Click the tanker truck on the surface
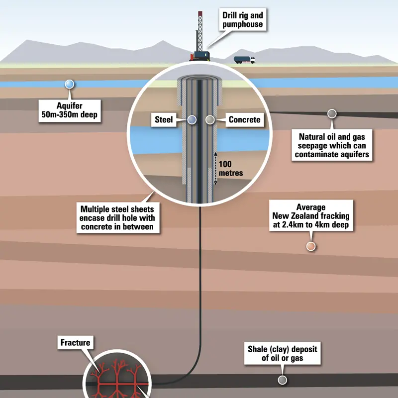[244, 60]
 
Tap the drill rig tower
[200, 31]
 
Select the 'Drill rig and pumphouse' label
[243, 19]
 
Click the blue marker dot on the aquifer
[69, 84]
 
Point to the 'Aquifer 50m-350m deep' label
[70, 110]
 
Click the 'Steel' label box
[164, 119]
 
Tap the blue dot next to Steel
[192, 119]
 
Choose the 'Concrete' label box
[244, 119]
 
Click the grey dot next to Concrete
[210, 119]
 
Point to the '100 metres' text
[230, 169]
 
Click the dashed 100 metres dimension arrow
[215, 168]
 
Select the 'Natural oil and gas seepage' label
[332, 145]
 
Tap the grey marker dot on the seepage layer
[332, 114]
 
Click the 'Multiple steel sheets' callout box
[118, 218]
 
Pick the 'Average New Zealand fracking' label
[311, 215]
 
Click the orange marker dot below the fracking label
[310, 246]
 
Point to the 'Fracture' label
[76, 343]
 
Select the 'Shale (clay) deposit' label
[282, 353]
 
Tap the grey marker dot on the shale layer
[282, 380]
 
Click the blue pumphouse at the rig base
[202, 56]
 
